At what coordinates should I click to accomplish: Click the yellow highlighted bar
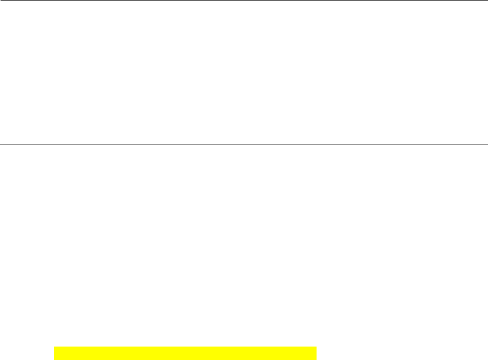[x=185, y=353]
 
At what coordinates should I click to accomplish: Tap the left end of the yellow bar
[x=54, y=353]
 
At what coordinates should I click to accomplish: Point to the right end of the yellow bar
[x=316, y=353]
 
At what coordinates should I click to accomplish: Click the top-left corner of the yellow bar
[x=54, y=348]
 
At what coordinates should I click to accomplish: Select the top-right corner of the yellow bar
[x=317, y=348]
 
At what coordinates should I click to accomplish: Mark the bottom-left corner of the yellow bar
[x=54, y=359]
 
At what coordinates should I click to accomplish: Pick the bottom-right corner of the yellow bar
[x=317, y=359]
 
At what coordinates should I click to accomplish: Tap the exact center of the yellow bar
[x=185, y=353]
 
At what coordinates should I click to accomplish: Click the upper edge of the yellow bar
[x=185, y=348]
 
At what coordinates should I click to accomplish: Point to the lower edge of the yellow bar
[x=185, y=359]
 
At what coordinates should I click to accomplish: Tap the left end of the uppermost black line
[x=1, y=1]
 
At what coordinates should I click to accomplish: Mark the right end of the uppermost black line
[x=487, y=1]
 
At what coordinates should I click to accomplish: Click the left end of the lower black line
[x=1, y=144]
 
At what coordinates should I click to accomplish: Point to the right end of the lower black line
[x=487, y=144]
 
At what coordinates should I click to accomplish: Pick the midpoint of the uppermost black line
[x=244, y=1]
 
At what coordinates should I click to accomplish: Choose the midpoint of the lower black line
[x=244, y=144]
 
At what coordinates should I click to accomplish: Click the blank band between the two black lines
[x=244, y=73]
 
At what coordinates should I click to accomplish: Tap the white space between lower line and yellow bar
[x=244, y=246]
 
